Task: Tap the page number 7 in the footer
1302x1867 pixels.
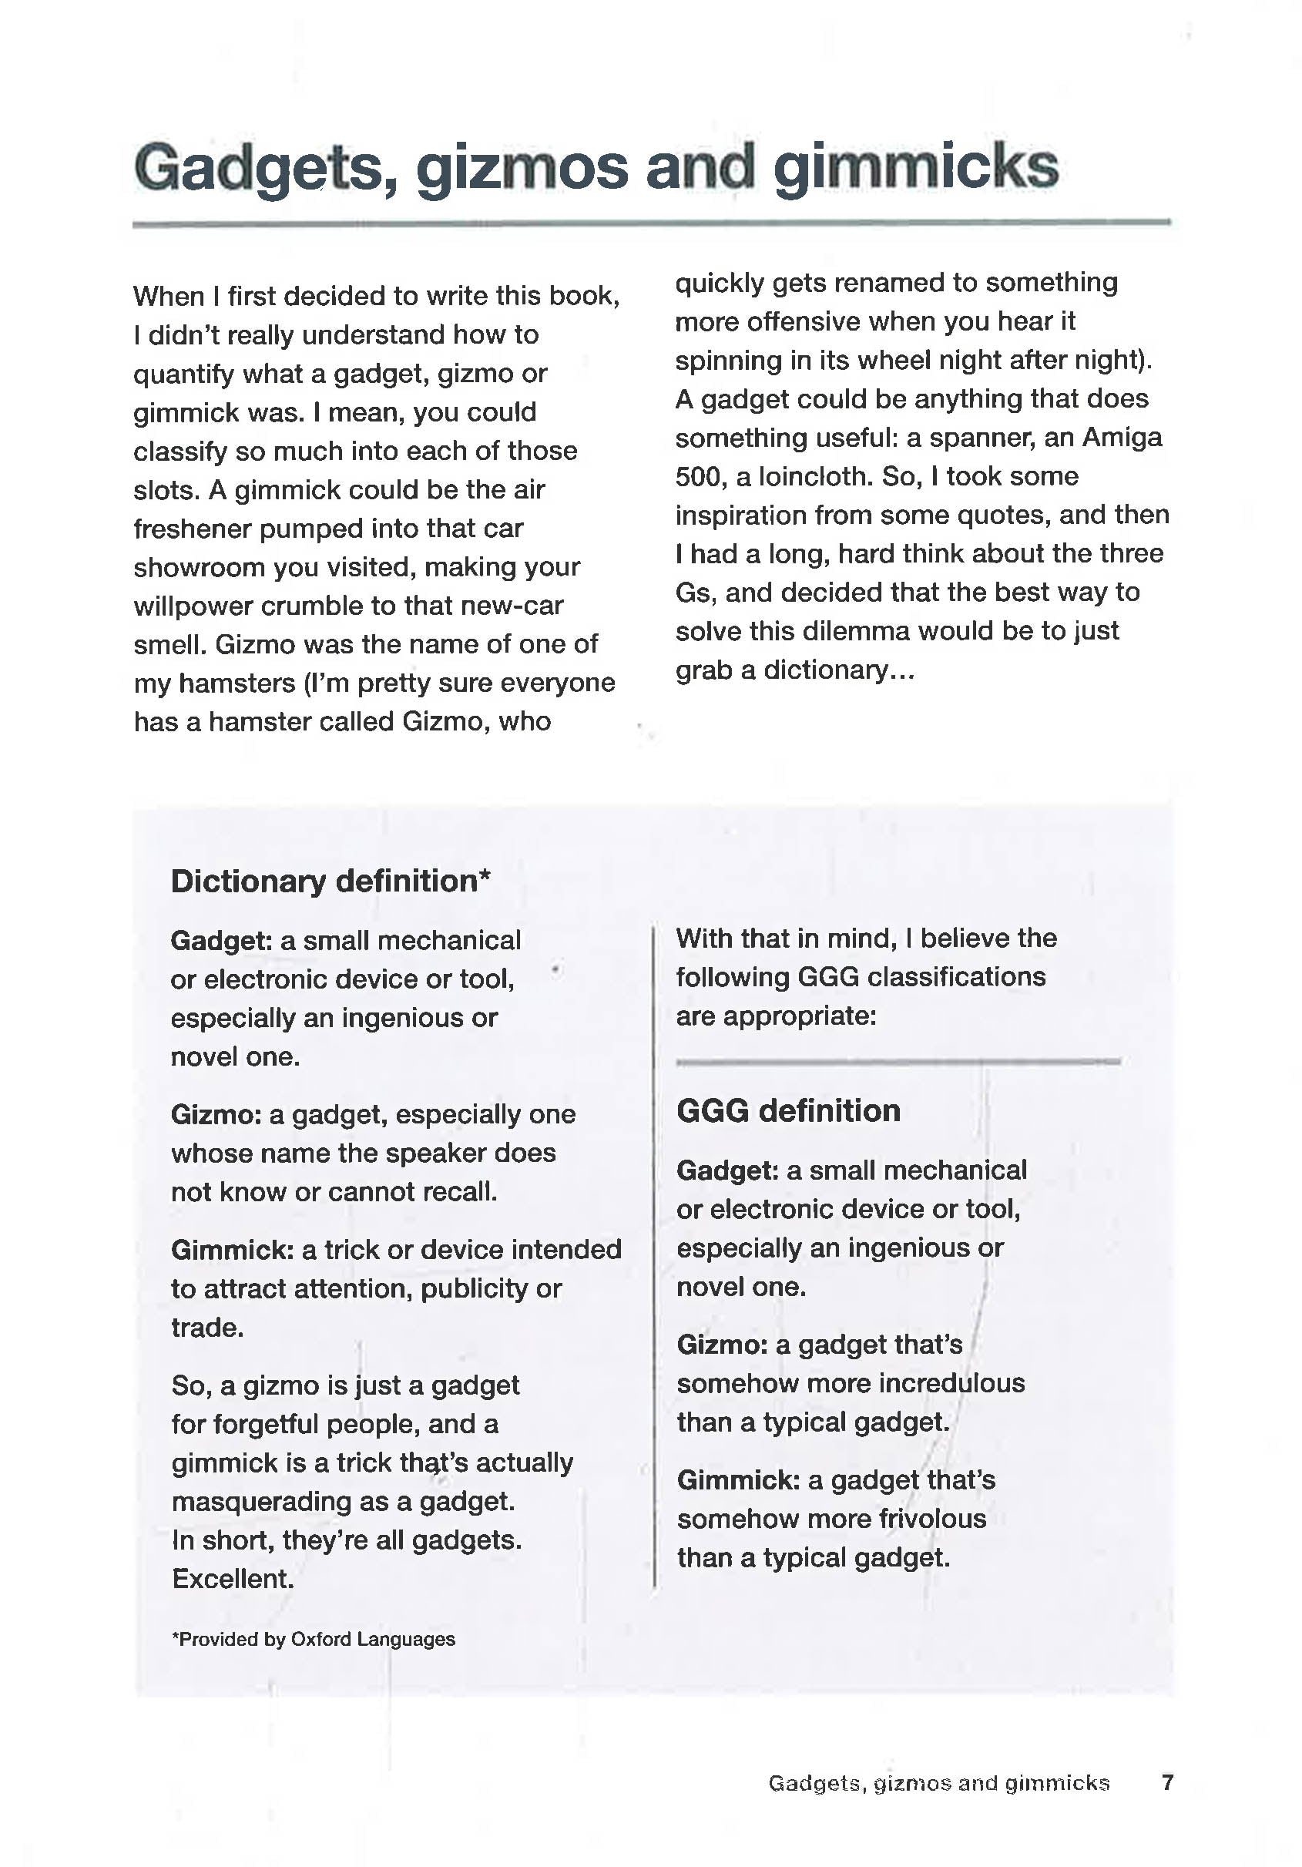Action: tap(1167, 1782)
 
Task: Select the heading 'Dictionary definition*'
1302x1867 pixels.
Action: tap(331, 881)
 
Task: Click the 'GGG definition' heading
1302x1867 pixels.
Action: tap(788, 1111)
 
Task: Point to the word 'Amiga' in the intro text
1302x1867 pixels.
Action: tap(1123, 438)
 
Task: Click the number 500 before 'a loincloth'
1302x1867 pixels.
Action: tap(698, 476)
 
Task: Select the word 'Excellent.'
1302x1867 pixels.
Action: tap(233, 1579)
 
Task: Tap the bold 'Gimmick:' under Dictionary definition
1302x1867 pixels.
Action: tap(232, 1250)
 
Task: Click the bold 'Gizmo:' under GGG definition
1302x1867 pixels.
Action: tap(721, 1345)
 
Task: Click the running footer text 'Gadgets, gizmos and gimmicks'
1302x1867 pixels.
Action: tap(938, 1783)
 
